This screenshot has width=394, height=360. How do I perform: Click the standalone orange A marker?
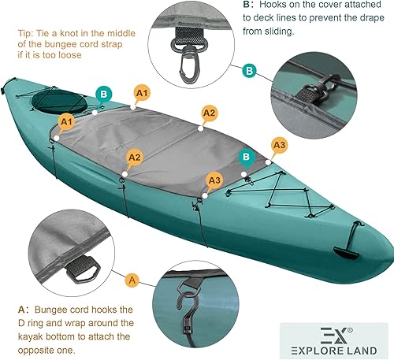tap(132, 280)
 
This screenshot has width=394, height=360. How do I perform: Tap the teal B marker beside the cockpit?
tap(102, 95)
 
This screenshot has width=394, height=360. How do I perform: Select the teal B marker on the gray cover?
tap(247, 158)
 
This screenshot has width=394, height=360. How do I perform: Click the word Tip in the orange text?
tap(28, 35)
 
